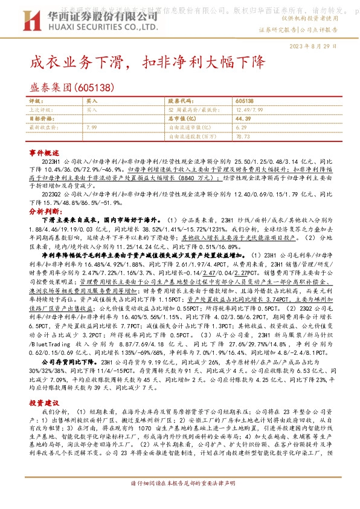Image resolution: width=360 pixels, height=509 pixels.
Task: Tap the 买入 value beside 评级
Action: (x=92, y=102)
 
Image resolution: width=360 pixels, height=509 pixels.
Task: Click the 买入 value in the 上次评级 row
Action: (x=92, y=111)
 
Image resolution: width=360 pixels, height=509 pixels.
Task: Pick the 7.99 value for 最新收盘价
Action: (x=92, y=128)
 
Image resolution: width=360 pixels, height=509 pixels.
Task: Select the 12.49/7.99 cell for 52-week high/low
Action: (x=250, y=111)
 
